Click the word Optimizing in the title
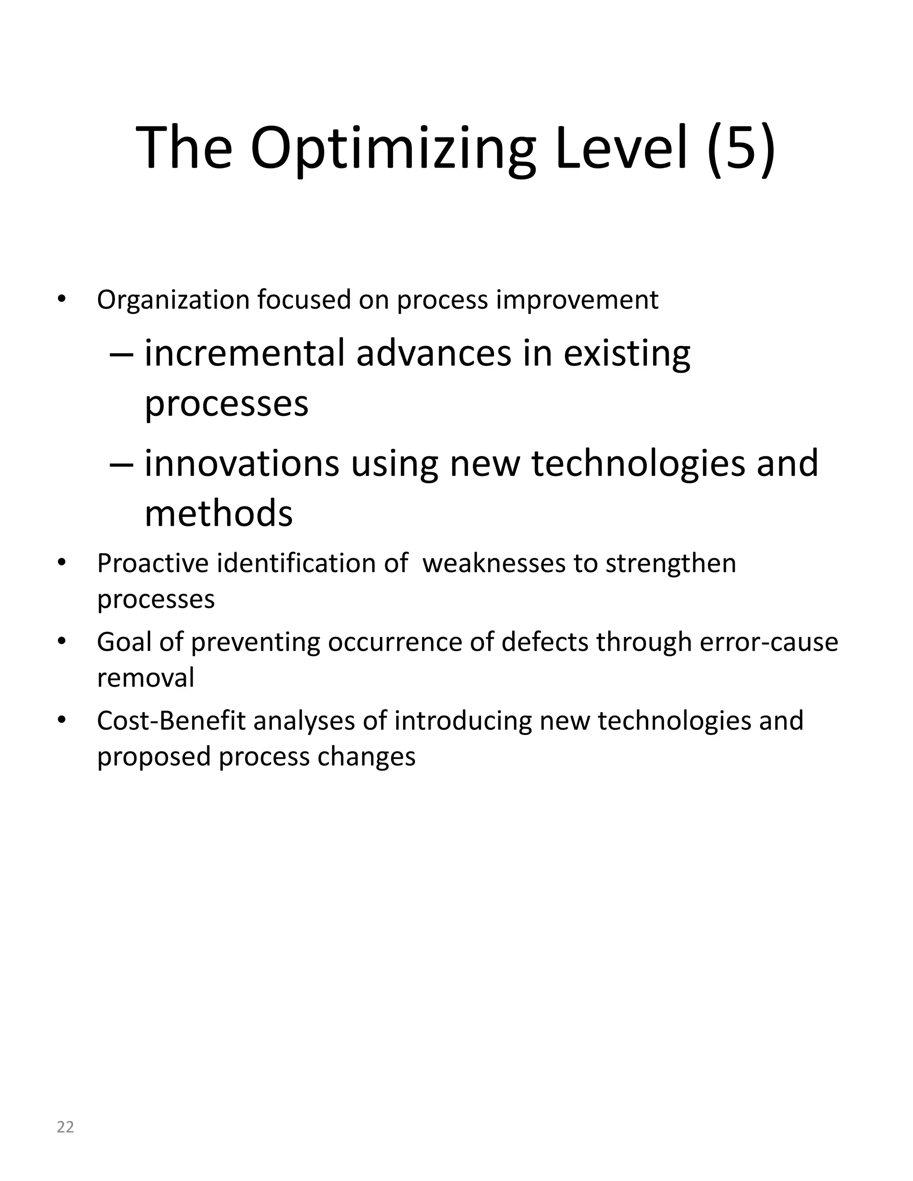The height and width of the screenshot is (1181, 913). (x=393, y=148)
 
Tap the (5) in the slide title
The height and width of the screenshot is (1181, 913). (x=741, y=148)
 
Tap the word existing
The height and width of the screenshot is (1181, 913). (x=627, y=354)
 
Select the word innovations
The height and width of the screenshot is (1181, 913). (x=242, y=463)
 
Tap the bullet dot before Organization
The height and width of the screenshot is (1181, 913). (x=62, y=299)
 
